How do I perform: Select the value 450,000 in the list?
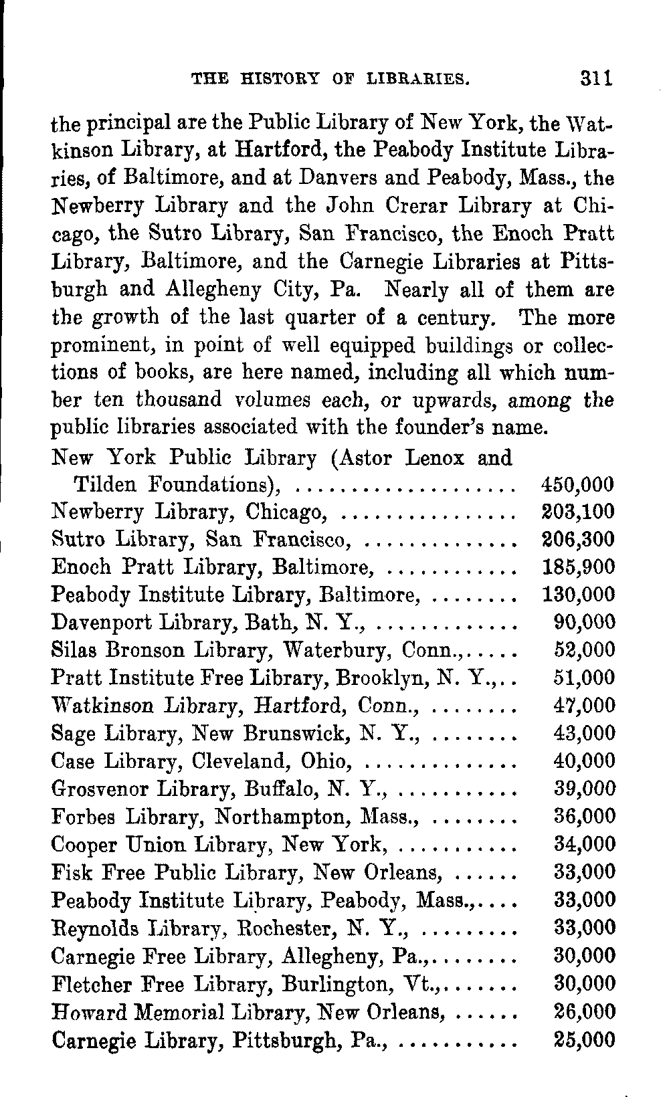pyautogui.click(x=576, y=485)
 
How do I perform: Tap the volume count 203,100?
pyautogui.click(x=576, y=512)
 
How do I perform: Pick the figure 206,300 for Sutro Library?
pyautogui.click(x=576, y=540)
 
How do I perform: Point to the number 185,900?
pyautogui.click(x=576, y=568)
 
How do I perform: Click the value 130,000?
pyautogui.click(x=576, y=595)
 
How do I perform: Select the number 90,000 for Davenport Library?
pyautogui.click(x=584, y=623)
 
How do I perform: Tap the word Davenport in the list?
pyautogui.click(x=103, y=623)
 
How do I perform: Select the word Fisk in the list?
pyautogui.click(x=69, y=872)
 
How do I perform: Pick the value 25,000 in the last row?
pyautogui.click(x=584, y=1040)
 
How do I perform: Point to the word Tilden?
pyautogui.click(x=107, y=485)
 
